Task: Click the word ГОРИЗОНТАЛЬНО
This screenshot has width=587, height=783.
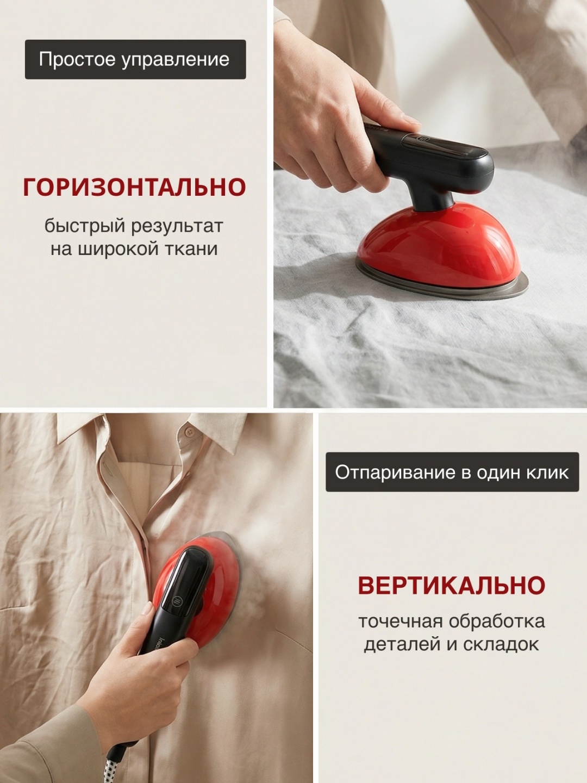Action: (134, 187)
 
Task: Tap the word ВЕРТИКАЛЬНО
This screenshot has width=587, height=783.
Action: (452, 585)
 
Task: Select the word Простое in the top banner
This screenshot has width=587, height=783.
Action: (77, 59)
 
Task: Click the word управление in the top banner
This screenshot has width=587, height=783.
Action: (176, 60)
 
